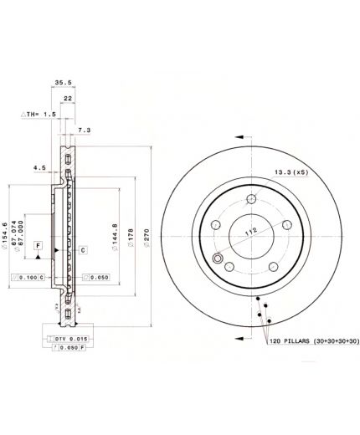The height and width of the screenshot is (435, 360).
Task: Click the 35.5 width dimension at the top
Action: tap(62, 83)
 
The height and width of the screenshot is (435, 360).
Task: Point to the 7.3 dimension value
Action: tap(84, 131)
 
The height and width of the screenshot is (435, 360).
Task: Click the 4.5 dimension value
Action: tap(39, 167)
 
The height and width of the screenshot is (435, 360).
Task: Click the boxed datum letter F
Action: tap(39, 244)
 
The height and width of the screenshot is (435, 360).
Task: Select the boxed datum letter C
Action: tap(83, 249)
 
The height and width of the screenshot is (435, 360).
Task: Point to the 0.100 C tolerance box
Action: tap(28, 277)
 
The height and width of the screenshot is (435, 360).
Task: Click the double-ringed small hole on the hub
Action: tap(219, 259)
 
